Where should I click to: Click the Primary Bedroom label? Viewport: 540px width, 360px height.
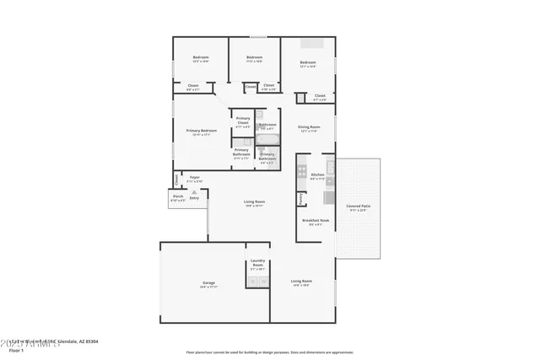202,131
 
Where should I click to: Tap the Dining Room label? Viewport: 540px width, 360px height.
308,127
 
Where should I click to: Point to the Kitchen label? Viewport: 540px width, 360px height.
317,175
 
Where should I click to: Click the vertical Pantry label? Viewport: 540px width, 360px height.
300,199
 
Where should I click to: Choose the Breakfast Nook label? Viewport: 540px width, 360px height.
316,220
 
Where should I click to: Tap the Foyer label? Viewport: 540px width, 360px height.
194,177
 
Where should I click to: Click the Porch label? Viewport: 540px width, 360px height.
178,196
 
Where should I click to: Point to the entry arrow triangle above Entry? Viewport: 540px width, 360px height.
194,191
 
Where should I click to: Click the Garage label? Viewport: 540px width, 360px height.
208,282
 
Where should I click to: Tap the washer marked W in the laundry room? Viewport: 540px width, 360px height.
251,282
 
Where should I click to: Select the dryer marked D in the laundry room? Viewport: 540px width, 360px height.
263,282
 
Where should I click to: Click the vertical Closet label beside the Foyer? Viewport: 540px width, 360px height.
176,179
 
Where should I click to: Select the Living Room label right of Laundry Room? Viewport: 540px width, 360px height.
301,281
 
